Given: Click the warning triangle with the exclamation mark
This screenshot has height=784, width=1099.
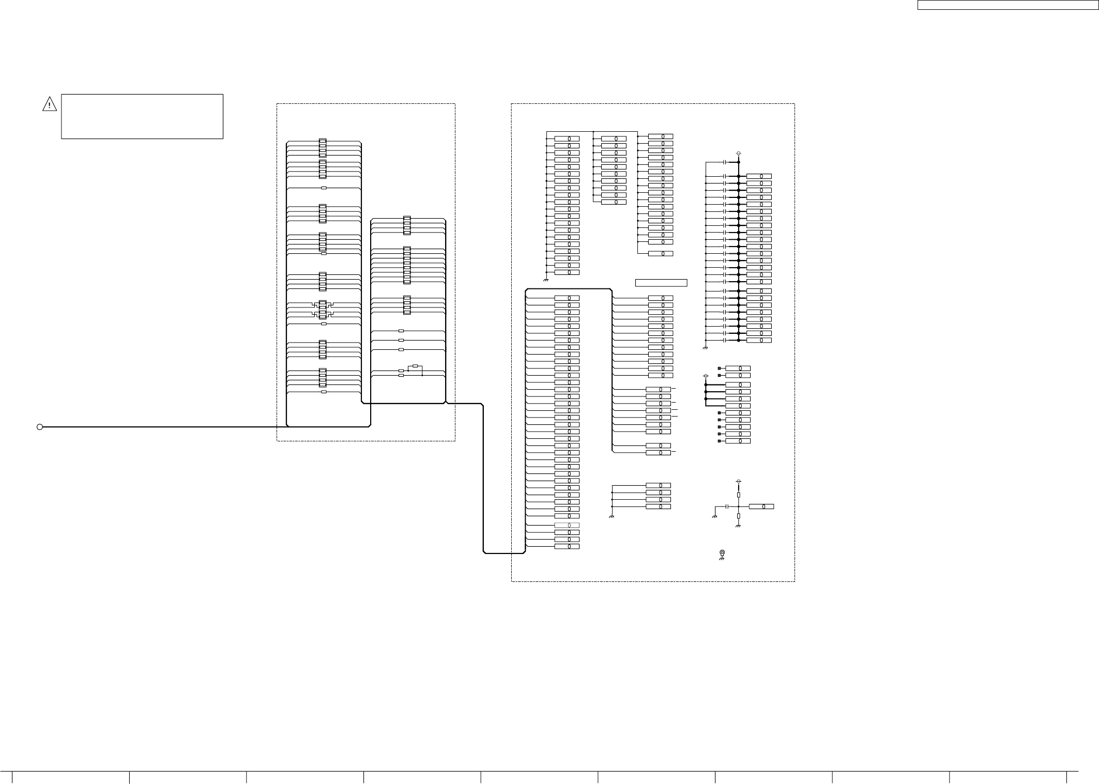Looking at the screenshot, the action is [x=49, y=104].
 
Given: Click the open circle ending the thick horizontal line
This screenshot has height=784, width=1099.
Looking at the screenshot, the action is [x=39, y=427].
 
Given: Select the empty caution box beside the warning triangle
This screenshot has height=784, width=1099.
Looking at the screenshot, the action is [x=142, y=116].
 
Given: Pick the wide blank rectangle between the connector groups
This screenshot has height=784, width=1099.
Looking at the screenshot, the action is [x=661, y=283].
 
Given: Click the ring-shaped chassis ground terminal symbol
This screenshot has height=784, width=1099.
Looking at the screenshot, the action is [x=722, y=553].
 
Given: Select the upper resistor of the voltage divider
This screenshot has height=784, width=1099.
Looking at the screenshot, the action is [x=739, y=495].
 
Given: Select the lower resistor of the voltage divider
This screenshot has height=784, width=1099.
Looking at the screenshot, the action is [x=739, y=516].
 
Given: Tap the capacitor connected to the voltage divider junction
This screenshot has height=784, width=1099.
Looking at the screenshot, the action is [x=727, y=506].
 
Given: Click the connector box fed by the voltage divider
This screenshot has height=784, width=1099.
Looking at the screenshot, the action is [x=761, y=506].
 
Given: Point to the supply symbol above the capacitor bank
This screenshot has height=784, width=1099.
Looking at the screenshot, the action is [x=738, y=153].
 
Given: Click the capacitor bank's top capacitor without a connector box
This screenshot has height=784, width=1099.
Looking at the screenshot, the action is [x=726, y=162].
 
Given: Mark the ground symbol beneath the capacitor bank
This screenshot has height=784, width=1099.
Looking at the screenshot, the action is [x=705, y=348].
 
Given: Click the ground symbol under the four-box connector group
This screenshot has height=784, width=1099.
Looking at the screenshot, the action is [x=612, y=517].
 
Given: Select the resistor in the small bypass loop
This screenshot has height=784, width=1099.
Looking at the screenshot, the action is [x=415, y=366].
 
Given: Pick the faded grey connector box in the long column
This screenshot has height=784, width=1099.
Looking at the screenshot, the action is [x=567, y=525].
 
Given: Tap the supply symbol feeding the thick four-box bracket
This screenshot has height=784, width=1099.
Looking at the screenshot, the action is [x=706, y=376].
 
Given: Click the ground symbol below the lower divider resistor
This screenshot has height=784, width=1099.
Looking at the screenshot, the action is [x=738, y=526].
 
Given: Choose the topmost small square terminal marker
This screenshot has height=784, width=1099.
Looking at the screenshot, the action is [x=719, y=368].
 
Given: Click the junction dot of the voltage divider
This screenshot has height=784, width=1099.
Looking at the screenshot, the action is [x=739, y=506].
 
